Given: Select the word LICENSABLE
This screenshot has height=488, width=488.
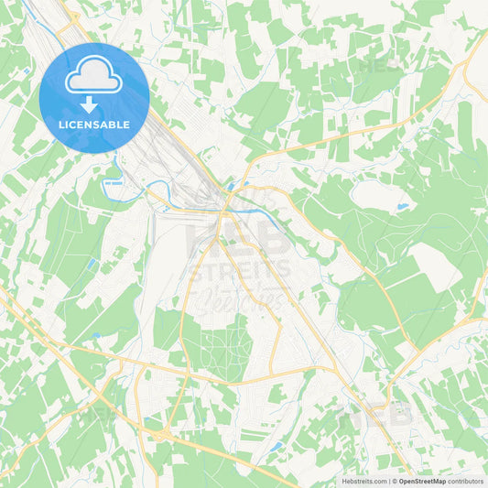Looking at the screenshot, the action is (x=94, y=125).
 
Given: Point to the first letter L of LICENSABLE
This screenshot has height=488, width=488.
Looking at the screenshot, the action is (x=61, y=125).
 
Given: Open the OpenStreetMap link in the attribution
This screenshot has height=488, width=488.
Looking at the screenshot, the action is (x=428, y=481).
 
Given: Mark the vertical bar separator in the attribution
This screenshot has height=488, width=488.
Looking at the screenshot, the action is (x=391, y=481).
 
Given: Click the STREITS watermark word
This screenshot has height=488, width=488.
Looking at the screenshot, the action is (x=240, y=269).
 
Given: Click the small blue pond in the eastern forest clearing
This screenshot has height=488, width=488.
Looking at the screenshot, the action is (x=402, y=208).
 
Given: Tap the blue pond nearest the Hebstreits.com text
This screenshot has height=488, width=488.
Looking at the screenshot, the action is (x=276, y=448).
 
